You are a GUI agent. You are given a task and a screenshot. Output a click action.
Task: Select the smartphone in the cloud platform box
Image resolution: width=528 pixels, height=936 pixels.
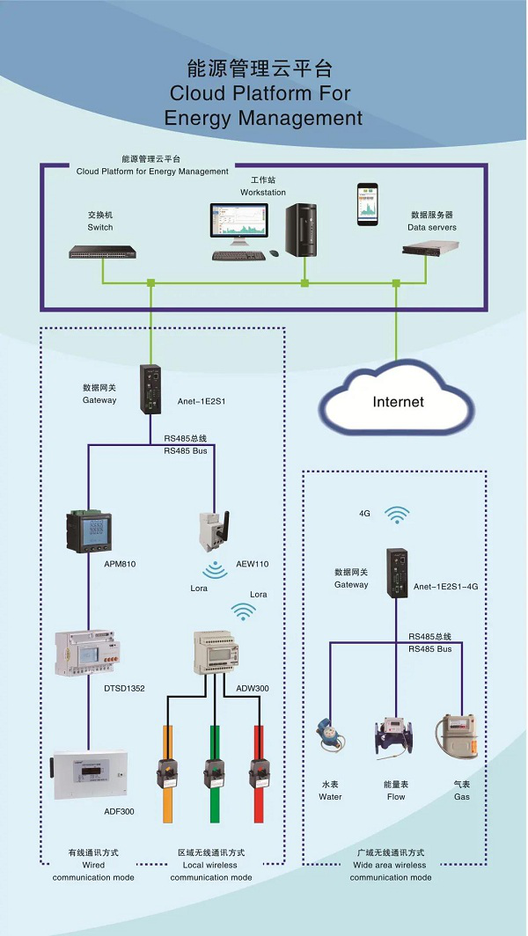pos(368,204)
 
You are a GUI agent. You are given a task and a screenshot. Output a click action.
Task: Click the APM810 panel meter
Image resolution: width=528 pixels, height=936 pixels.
pos(89,530)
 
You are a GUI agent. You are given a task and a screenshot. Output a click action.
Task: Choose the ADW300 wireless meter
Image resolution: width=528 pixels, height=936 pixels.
pos(216,653)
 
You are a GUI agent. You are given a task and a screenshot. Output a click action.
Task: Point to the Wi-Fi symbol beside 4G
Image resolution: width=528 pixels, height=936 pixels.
pos(398,515)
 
